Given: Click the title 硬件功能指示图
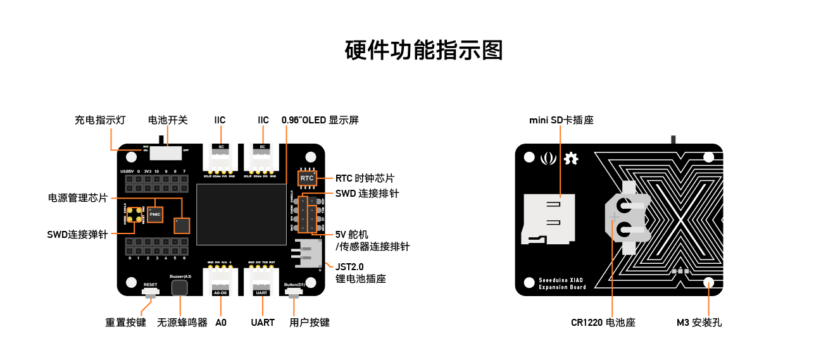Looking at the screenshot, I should pyautogui.click(x=424, y=50).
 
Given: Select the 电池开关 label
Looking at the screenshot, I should pyautogui.click(x=168, y=120).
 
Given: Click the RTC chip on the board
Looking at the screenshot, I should pyautogui.click(x=307, y=178).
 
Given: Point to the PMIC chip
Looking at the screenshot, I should pyautogui.click(x=155, y=215).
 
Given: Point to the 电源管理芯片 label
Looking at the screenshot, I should pyautogui.click(x=78, y=197).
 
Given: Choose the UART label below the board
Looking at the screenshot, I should pyautogui.click(x=263, y=323).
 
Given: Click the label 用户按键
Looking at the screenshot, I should pyautogui.click(x=310, y=323).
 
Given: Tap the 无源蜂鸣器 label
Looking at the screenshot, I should pyautogui.click(x=182, y=323).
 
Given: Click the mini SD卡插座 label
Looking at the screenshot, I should pyautogui.click(x=561, y=120).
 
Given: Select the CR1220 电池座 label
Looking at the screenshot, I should pyautogui.click(x=603, y=323).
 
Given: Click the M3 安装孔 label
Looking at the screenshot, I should pyautogui.click(x=699, y=323).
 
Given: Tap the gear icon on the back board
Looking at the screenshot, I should pyautogui.click(x=571, y=159).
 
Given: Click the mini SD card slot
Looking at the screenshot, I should pyautogui.click(x=548, y=218).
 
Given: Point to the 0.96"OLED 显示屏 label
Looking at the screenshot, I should pyautogui.click(x=320, y=120).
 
